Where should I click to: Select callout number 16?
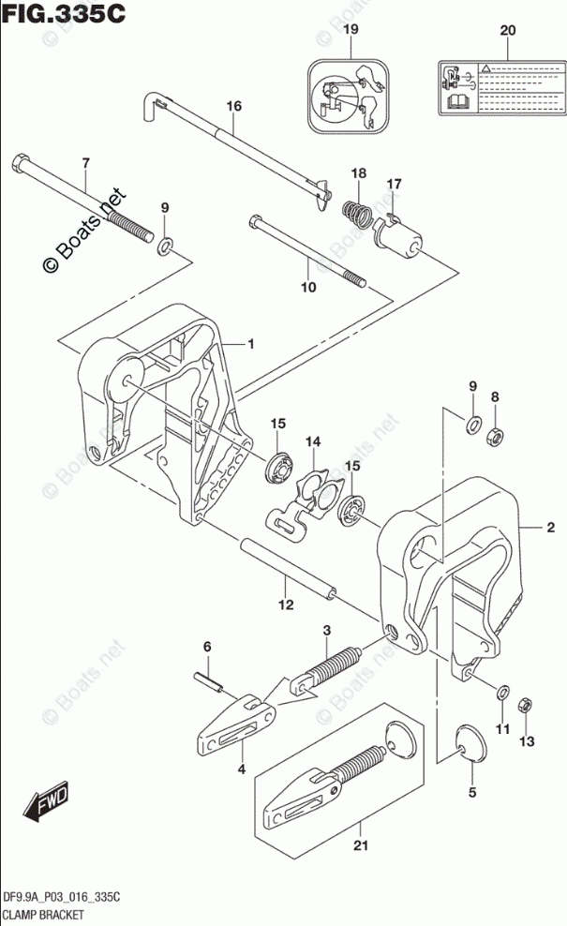tap(233, 106)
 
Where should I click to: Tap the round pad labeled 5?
tap(471, 745)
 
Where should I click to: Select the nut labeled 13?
tap(526, 729)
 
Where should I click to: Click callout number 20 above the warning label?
tap(507, 32)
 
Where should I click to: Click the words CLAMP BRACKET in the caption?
tap(46, 914)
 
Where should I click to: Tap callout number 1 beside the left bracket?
tap(251, 345)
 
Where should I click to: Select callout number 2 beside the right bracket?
tap(551, 528)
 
